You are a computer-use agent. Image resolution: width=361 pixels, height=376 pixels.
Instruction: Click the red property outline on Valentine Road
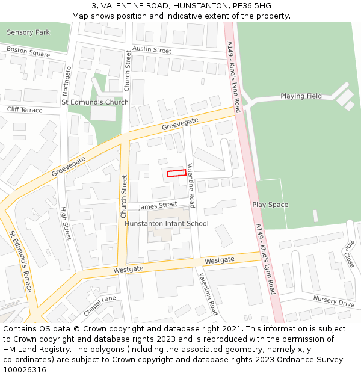pyautogui.click(x=176, y=173)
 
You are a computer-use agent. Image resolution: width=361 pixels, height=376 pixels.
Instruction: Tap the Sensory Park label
pyautogui.click(x=28, y=32)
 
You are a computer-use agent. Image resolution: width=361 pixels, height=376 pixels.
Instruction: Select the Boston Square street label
pyautogui.click(x=28, y=53)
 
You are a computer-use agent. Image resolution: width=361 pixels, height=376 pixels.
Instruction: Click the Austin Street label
pyautogui.click(x=152, y=49)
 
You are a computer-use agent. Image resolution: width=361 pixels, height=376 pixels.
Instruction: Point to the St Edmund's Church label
pyautogui.click(x=95, y=102)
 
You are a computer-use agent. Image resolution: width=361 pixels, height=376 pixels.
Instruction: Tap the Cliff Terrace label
pyautogui.click(x=25, y=110)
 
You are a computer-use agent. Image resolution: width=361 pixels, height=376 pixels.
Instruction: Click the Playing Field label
pyautogui.click(x=301, y=96)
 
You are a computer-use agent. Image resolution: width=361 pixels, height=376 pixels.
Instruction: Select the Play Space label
pyautogui.click(x=270, y=205)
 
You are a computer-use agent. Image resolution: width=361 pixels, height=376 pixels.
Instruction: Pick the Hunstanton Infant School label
pyautogui.click(x=166, y=224)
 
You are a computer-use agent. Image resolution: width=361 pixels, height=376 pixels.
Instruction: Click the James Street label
pyautogui.click(x=158, y=206)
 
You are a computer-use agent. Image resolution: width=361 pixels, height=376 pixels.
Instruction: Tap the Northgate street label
pyautogui.click(x=67, y=81)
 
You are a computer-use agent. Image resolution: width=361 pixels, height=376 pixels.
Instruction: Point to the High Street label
pyautogui.click(x=65, y=223)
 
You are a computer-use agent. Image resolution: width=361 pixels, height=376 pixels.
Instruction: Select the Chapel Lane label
pyautogui.click(x=100, y=299)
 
